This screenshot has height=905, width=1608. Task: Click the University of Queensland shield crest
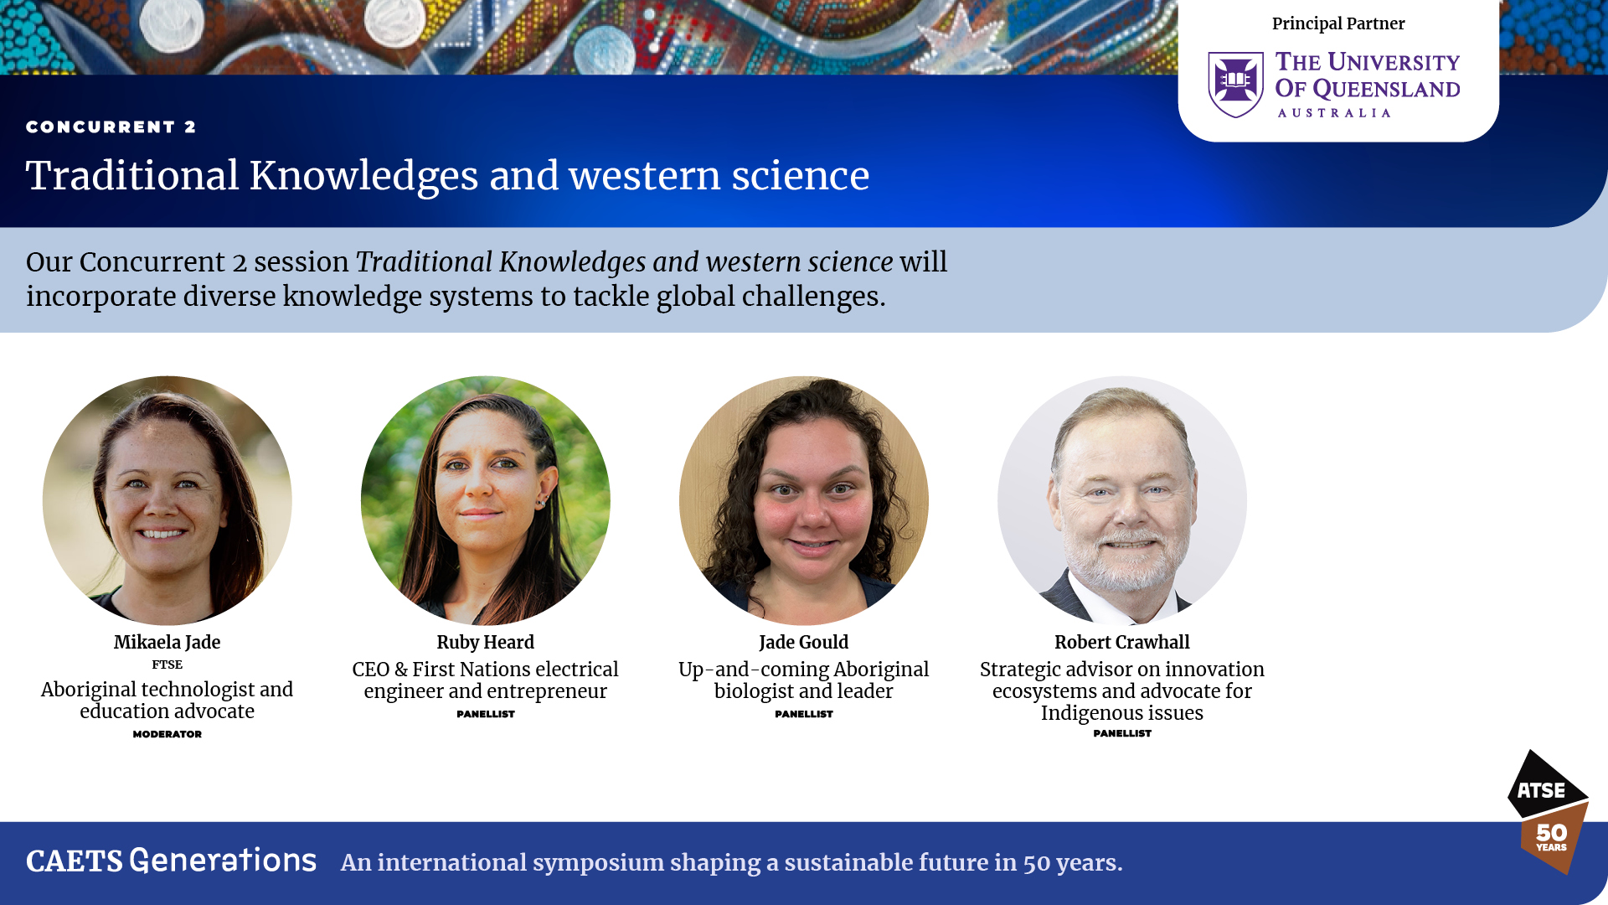(x=1235, y=84)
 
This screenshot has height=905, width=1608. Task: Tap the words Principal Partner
(x=1338, y=23)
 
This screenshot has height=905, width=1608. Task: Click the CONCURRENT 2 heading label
(x=111, y=127)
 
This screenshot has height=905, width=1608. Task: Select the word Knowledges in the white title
(x=363, y=176)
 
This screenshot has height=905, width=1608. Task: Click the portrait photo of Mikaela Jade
(x=167, y=500)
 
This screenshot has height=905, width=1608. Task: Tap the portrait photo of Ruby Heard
(x=486, y=500)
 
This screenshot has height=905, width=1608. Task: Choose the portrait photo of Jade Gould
(x=804, y=500)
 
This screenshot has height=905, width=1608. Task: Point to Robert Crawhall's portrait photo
(x=1122, y=500)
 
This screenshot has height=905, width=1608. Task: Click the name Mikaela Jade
(x=167, y=642)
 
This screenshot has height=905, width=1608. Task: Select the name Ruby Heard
(x=486, y=642)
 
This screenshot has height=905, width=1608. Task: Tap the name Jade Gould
(x=804, y=642)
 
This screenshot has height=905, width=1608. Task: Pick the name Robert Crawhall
(x=1122, y=642)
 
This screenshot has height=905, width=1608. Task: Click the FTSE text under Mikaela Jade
(x=167, y=665)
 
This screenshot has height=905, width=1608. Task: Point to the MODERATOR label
(x=167, y=734)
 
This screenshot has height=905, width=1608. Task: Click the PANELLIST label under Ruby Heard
(x=486, y=714)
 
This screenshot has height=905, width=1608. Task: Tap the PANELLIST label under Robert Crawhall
(x=1122, y=733)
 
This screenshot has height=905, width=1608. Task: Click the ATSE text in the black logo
(x=1541, y=790)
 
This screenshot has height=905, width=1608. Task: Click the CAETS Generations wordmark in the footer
(x=172, y=861)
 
